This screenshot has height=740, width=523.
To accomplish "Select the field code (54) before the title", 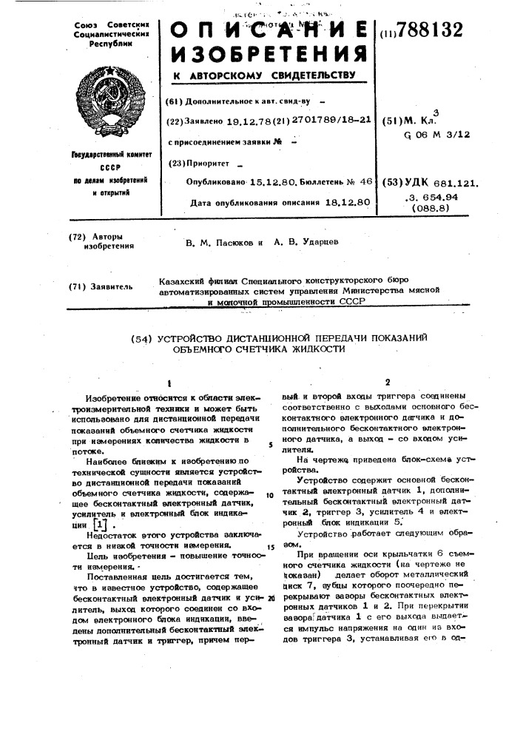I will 141,340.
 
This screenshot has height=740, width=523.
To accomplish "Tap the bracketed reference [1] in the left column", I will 111,523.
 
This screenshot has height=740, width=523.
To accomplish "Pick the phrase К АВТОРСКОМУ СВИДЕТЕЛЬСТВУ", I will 265,75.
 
